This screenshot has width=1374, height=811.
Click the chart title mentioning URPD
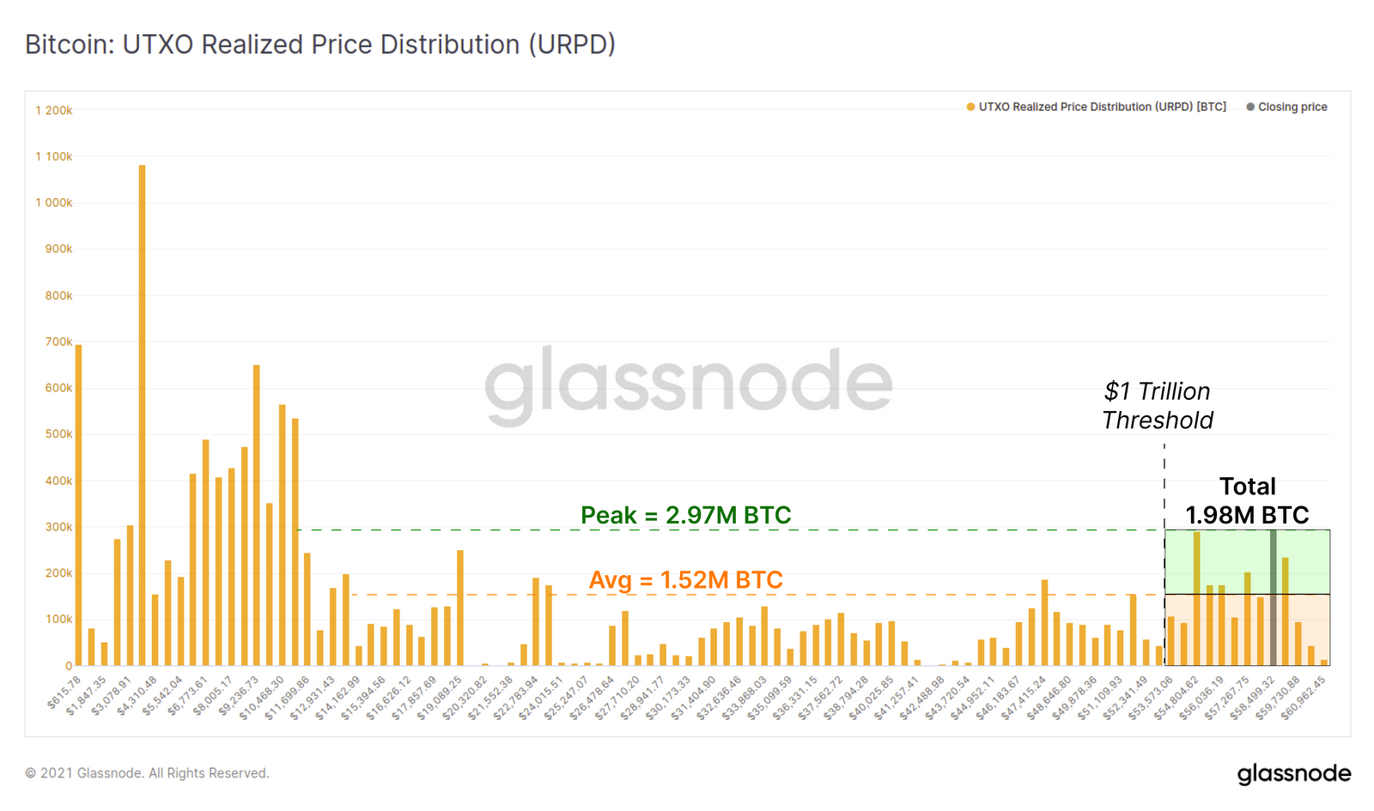click(319, 45)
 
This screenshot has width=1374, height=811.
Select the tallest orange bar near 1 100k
click(142, 412)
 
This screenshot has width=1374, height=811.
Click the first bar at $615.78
click(79, 506)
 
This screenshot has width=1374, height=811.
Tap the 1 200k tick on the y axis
click(54, 111)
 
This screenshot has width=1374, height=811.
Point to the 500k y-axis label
click(58, 434)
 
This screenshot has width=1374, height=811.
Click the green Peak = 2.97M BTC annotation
click(685, 515)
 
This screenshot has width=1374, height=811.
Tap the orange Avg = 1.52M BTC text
click(685, 580)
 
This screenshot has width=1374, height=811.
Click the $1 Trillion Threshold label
click(1157, 406)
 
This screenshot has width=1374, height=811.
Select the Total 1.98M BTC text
click(1247, 500)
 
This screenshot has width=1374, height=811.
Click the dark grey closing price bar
click(1273, 601)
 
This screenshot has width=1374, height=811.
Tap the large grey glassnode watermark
click(687, 384)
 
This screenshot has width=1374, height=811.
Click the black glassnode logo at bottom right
click(1293, 773)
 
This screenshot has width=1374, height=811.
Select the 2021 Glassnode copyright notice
click(147, 773)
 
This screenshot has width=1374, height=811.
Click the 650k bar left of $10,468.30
click(256, 515)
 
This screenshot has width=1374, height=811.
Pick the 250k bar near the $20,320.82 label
click(460, 609)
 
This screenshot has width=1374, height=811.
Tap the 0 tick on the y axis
click(69, 666)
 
